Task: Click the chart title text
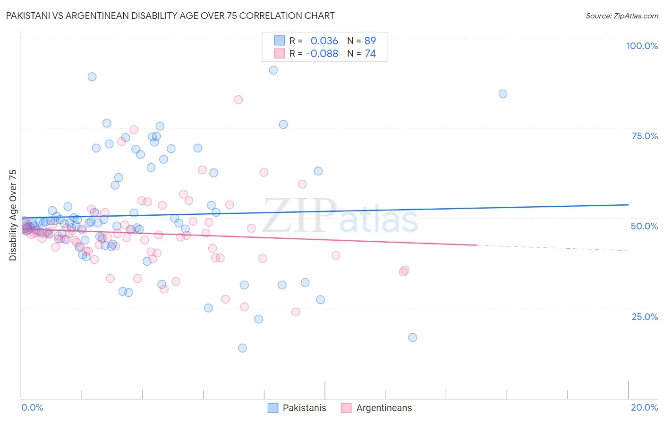[x=170, y=16]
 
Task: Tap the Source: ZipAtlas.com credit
[x=621, y=16]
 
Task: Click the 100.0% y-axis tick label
[x=642, y=46]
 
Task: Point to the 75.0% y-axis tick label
[x=645, y=136]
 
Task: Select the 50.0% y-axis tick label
[x=644, y=226]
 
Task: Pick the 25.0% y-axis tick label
[x=645, y=317]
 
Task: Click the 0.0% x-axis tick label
[x=32, y=407]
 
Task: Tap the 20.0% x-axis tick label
[x=644, y=407]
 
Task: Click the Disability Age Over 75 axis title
[x=13, y=215]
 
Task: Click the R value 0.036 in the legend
[x=324, y=41]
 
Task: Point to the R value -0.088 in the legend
[x=322, y=54]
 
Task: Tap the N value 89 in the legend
[x=370, y=41]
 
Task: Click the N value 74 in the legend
[x=370, y=54]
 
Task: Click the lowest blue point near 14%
[x=243, y=348]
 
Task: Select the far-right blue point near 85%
[x=503, y=94]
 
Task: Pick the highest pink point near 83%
[x=238, y=100]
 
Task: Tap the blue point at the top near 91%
[x=273, y=70]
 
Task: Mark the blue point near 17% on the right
[x=412, y=337]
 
